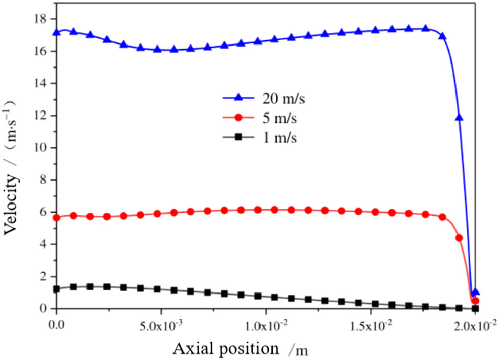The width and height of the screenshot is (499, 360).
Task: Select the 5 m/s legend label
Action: [271, 119]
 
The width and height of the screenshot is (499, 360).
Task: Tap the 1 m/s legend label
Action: [271, 138]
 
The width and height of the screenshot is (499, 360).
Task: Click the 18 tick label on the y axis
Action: [39, 19]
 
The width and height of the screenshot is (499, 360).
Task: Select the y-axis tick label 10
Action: [39, 148]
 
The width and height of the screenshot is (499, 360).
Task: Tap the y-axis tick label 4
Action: [43, 244]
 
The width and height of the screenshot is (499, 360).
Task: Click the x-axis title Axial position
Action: [227, 349]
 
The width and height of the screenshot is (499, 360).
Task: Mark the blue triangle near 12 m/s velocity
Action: [459, 118]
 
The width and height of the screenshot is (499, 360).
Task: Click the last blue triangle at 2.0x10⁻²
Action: [475, 292]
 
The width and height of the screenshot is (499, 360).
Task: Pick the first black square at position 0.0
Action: [57, 289]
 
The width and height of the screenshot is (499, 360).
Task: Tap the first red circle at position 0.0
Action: [57, 218]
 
